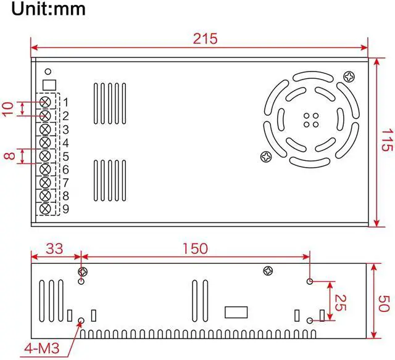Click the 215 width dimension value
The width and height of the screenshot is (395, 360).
pyautogui.click(x=204, y=39)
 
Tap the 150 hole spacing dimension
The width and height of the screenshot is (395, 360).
pyautogui.click(x=195, y=248)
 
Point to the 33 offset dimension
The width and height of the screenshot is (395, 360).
pyautogui.click(x=55, y=248)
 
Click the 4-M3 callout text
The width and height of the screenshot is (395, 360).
pyautogui.click(x=41, y=349)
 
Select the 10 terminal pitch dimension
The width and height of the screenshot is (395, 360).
pyautogui.click(x=8, y=109)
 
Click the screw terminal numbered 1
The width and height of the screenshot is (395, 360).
pyautogui.click(x=46, y=102)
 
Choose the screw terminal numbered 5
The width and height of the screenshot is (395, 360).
pyautogui.click(x=46, y=156)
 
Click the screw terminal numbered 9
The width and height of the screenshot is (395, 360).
pyautogui.click(x=46, y=209)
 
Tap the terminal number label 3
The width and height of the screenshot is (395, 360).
pyautogui.click(x=65, y=129)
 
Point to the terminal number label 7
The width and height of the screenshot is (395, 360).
pyautogui.click(x=65, y=182)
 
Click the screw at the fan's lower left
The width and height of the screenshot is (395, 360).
pyautogui.click(x=267, y=157)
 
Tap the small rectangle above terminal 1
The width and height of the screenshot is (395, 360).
pyautogui.click(x=49, y=84)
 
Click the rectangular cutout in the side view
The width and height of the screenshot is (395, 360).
pyautogui.click(x=236, y=311)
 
